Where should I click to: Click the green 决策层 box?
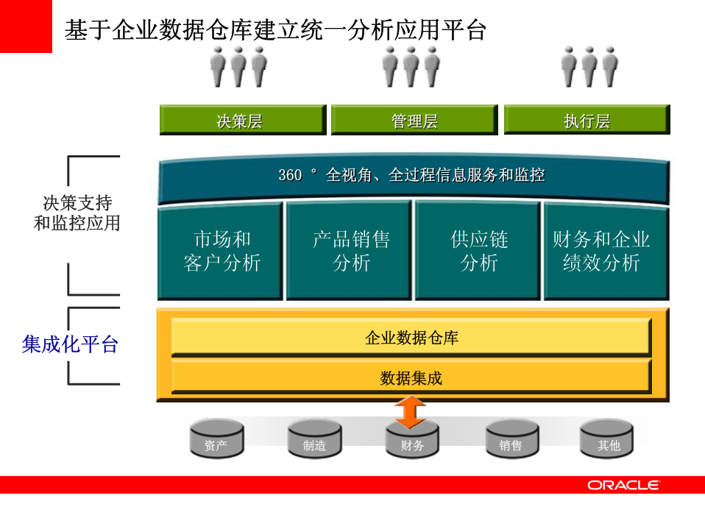coord(242,120)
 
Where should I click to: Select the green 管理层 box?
coord(414,120)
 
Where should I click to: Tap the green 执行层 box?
coord(587,120)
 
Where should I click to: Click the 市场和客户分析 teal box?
coord(221,251)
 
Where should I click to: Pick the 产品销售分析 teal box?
coord(350,251)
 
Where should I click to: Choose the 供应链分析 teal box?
coord(479,251)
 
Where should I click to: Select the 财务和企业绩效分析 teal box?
coord(606,251)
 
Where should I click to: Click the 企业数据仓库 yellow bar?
coord(411,338)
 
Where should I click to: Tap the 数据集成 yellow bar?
coord(411,378)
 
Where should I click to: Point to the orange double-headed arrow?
coord(410,412)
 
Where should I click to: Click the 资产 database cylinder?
coord(216,439)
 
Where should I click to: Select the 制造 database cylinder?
coord(314,439)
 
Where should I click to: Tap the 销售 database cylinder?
coord(511,439)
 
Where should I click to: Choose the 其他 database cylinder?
coord(608,439)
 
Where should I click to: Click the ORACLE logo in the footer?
coord(623,485)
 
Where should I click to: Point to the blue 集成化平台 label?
coord(71,344)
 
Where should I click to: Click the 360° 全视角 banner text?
coord(411,175)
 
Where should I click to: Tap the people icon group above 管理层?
coord(411,68)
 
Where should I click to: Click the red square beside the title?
coord(26,26)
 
